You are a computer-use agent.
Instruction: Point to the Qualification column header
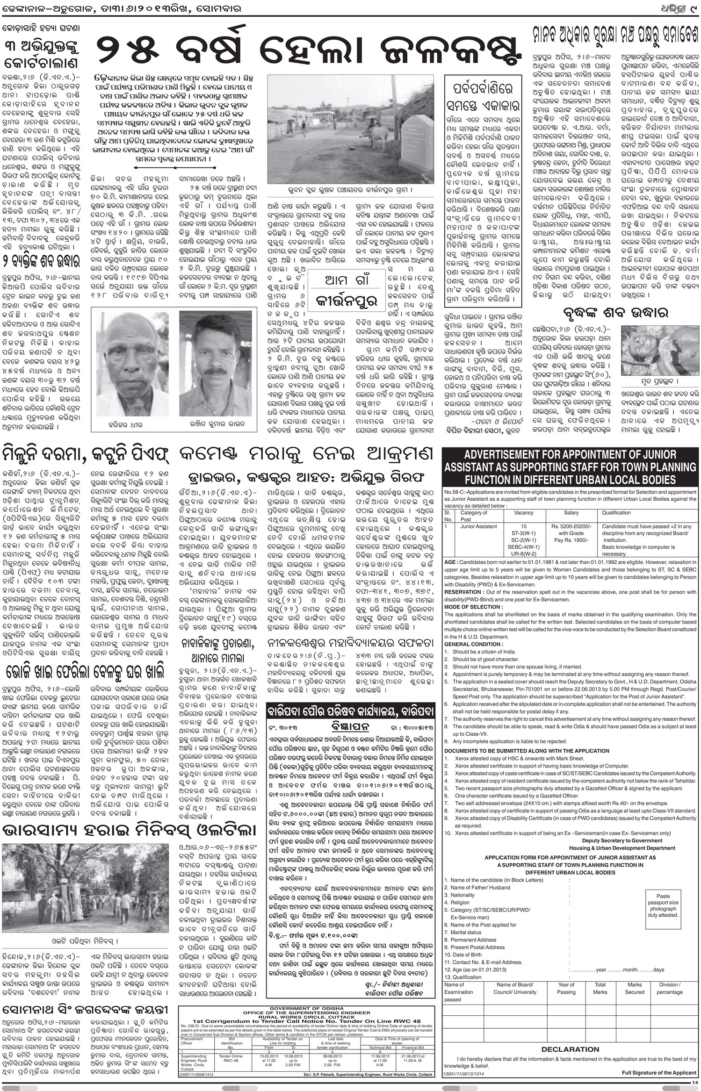[x=616, y=513]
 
